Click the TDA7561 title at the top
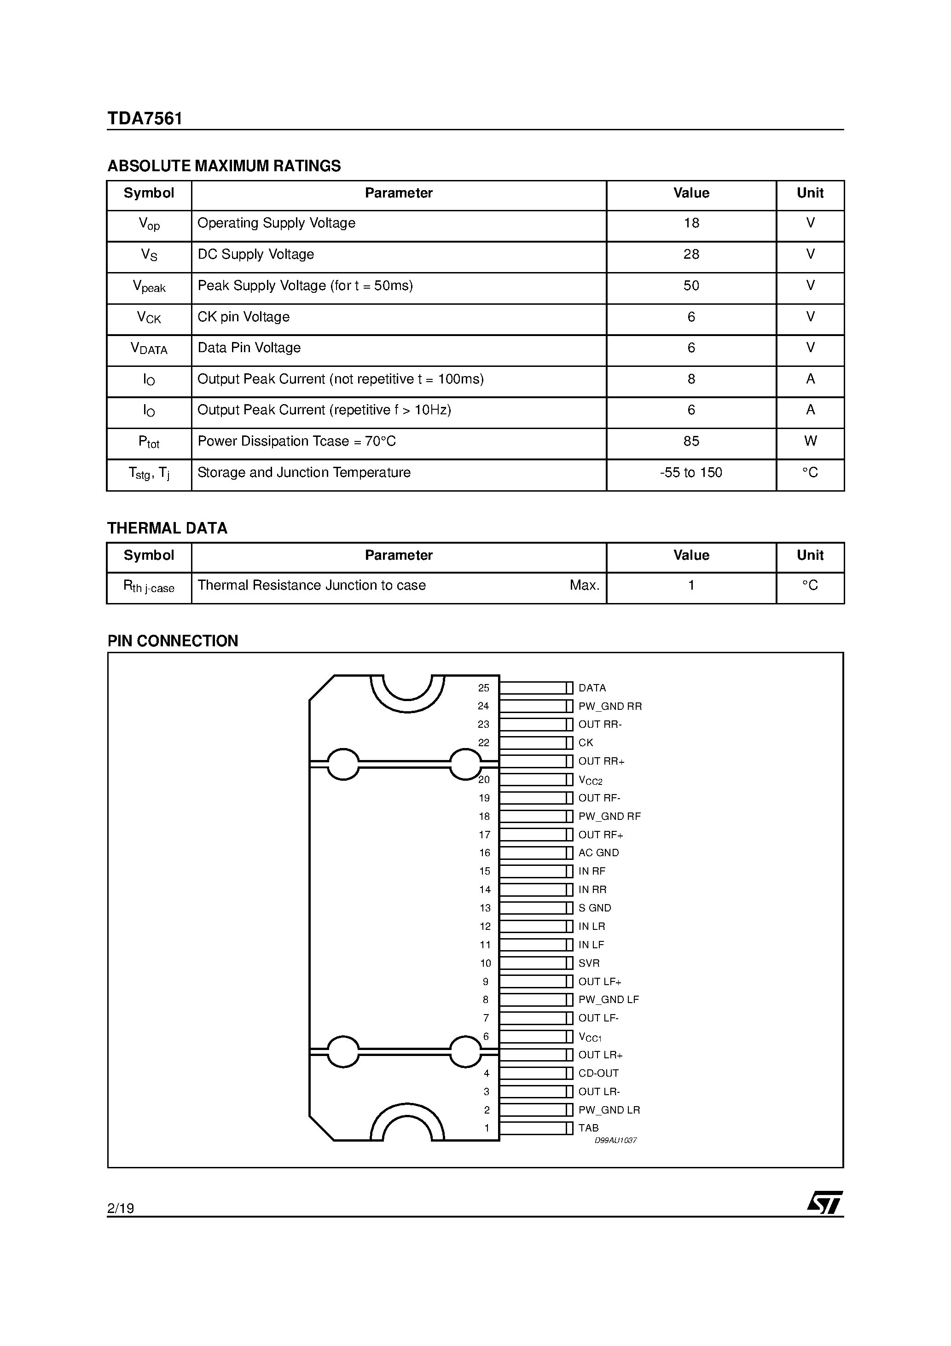click(145, 119)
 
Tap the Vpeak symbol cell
click(149, 287)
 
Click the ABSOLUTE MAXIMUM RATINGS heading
click(224, 167)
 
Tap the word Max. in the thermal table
click(584, 586)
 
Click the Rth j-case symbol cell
click(149, 587)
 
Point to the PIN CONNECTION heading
click(173, 641)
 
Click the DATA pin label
click(591, 688)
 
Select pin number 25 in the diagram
click(483, 688)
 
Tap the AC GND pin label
click(598, 853)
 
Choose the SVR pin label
click(589, 963)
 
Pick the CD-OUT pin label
click(598, 1073)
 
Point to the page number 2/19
click(121, 1208)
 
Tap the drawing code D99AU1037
click(615, 1141)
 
